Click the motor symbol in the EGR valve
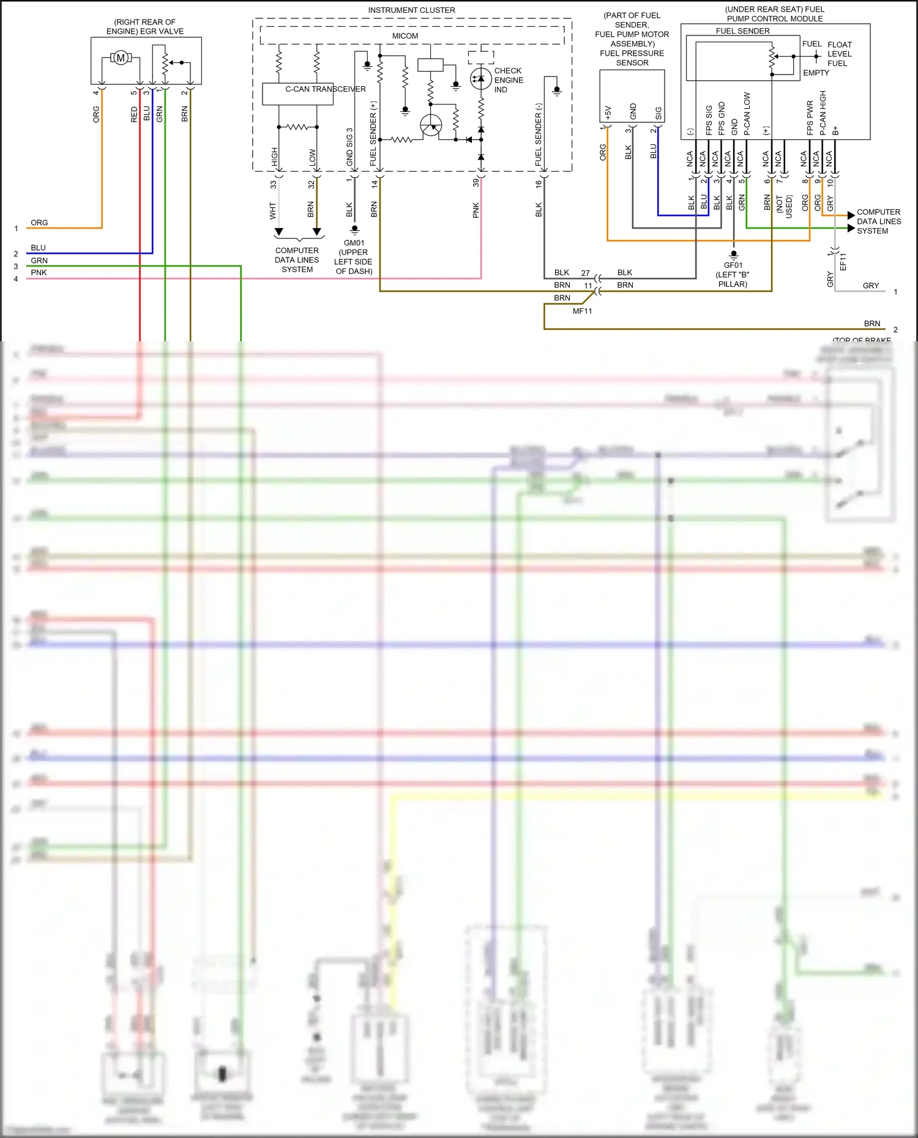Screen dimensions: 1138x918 click(x=121, y=58)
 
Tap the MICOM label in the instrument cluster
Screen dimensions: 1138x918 click(x=405, y=36)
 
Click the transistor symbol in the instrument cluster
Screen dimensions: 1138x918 click(x=431, y=125)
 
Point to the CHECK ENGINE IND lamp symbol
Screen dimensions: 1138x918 click(x=480, y=78)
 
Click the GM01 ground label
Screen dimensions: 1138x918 click(x=354, y=243)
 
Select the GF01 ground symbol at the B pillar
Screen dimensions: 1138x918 click(x=733, y=254)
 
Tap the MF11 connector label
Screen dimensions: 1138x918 click(x=582, y=311)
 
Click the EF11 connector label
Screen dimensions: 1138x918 click(x=843, y=262)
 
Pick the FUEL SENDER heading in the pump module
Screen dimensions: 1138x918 click(x=742, y=31)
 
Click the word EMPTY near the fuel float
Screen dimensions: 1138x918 click(x=816, y=73)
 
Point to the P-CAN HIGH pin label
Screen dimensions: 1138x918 click(x=823, y=113)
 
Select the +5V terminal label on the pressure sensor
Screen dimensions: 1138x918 click(x=608, y=113)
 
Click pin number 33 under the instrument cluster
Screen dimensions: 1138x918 click(x=274, y=184)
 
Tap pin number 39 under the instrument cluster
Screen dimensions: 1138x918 click(x=476, y=182)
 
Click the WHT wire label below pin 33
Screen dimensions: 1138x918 click(x=273, y=211)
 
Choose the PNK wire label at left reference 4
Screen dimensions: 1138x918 click(x=39, y=273)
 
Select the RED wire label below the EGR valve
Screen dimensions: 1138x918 click(x=134, y=114)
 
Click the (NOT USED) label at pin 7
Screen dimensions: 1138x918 click(x=784, y=207)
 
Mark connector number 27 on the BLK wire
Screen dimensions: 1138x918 click(x=586, y=273)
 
